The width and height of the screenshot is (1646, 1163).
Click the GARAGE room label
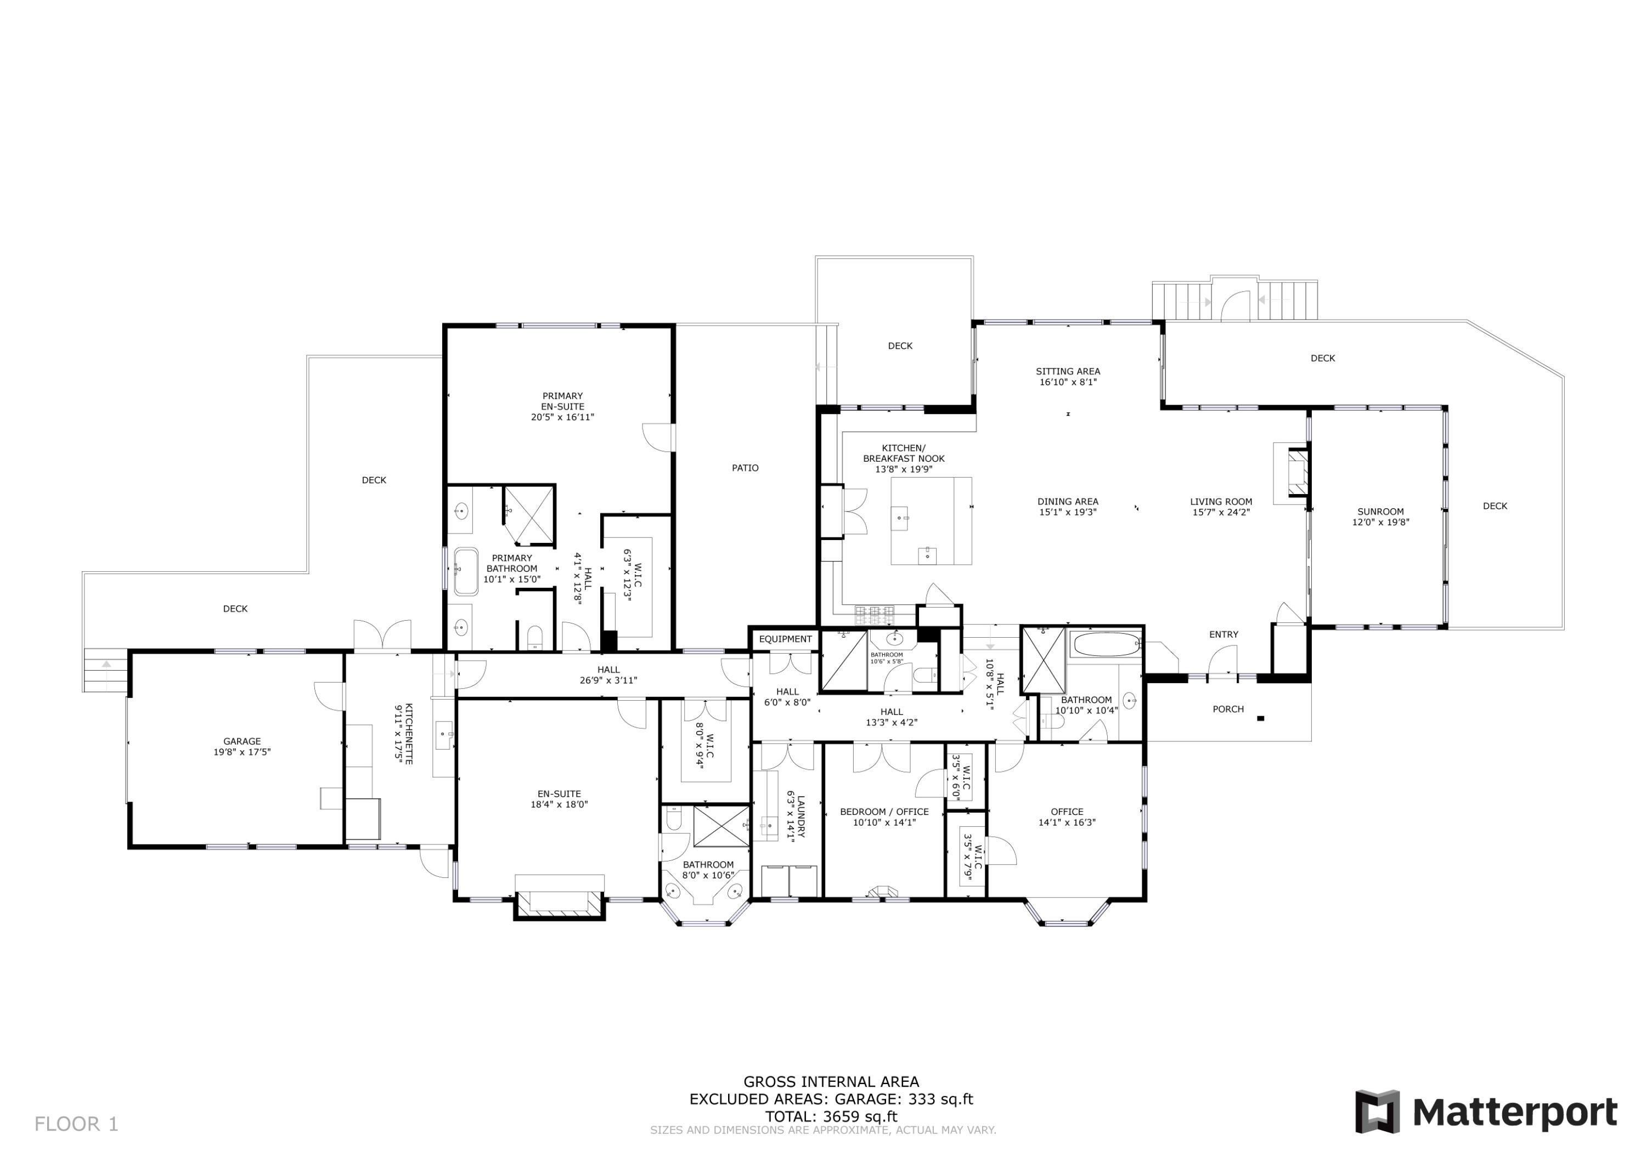pyautogui.click(x=241, y=741)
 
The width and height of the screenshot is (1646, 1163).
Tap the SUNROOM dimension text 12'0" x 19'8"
pyautogui.click(x=1380, y=523)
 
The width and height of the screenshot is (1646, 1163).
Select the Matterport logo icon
pyautogui.click(x=1377, y=1111)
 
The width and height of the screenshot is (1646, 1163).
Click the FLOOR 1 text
pyautogui.click(x=76, y=1124)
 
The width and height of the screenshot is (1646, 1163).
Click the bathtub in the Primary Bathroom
pyautogui.click(x=465, y=571)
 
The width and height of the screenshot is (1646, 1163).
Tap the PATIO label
pyautogui.click(x=745, y=468)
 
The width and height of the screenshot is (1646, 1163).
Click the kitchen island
pyautogui.click(x=931, y=521)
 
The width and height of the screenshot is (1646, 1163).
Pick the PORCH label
pyautogui.click(x=1227, y=708)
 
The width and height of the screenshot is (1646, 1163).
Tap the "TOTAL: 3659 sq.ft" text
pyautogui.click(x=830, y=1116)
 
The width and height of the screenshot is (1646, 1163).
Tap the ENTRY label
pyautogui.click(x=1223, y=634)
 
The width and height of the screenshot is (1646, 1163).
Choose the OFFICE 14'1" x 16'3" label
pyautogui.click(x=1067, y=812)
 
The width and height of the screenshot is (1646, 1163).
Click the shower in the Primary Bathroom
pyautogui.click(x=529, y=512)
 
